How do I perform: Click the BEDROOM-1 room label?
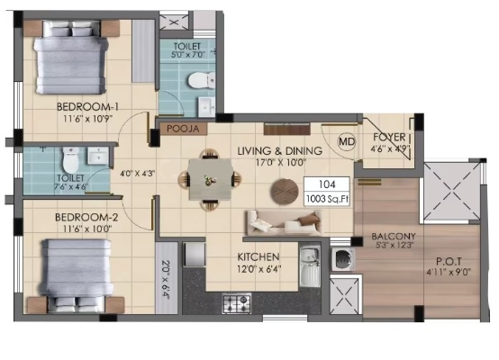87,107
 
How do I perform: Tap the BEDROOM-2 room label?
86,217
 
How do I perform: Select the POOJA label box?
183,129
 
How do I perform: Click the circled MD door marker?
347,141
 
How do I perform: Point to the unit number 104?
327,184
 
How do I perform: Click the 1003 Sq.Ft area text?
327,199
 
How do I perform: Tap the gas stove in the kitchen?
237,303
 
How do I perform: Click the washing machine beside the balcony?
343,259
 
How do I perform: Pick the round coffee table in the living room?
285,192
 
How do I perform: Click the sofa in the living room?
283,222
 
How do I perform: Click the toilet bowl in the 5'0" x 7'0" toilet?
202,80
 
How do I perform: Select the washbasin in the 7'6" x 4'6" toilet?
98,156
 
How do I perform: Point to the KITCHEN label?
259,256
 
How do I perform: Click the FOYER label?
389,138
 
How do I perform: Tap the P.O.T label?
449,262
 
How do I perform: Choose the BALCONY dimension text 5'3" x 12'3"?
394,245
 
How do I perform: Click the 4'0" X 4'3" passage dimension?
137,174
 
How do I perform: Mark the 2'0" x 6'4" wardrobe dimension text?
166,279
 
